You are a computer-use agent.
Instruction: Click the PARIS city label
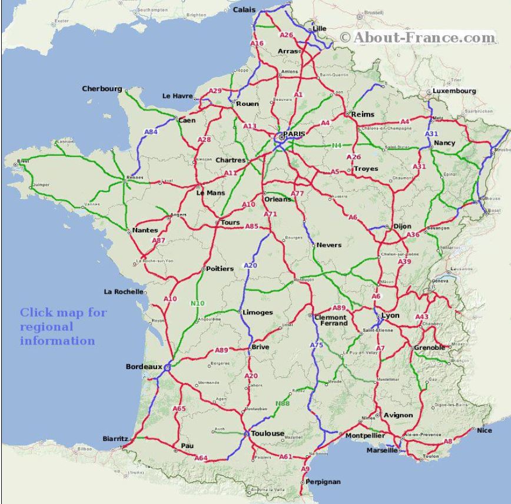click(x=294, y=134)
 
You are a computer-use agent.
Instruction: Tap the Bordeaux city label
click(x=143, y=367)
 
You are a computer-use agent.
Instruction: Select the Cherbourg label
click(x=102, y=89)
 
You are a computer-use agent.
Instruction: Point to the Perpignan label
click(x=323, y=482)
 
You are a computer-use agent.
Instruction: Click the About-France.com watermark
click(x=418, y=38)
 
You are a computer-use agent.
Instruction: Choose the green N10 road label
click(x=197, y=303)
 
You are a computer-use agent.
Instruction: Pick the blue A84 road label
click(x=151, y=132)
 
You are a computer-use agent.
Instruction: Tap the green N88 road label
click(x=283, y=403)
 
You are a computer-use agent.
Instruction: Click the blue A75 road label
click(x=317, y=345)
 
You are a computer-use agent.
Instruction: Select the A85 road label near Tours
click(x=252, y=226)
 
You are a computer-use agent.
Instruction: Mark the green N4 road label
click(x=336, y=145)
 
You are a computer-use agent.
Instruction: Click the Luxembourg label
click(x=454, y=91)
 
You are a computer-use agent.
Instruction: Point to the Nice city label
click(x=484, y=430)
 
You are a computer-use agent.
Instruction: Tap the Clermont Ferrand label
click(x=330, y=320)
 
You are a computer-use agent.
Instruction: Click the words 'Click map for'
click(x=63, y=313)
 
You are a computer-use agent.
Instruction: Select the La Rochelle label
click(x=124, y=291)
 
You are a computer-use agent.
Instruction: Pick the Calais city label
click(x=245, y=9)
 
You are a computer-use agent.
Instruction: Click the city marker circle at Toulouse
click(x=245, y=434)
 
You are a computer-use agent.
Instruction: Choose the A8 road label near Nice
click(x=449, y=441)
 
